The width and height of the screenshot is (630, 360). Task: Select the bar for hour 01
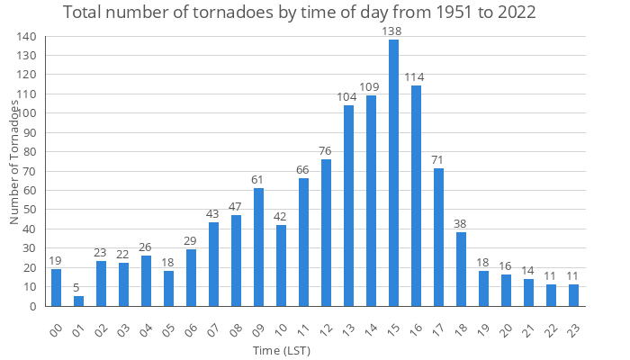78,301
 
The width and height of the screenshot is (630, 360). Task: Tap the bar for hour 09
258,247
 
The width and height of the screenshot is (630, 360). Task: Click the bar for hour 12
326,233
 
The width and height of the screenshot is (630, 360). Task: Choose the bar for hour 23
573,295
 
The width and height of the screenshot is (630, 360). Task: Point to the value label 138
393,31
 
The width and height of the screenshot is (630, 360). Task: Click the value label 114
416,76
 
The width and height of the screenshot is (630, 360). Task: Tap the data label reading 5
78,287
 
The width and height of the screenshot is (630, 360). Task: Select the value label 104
348,96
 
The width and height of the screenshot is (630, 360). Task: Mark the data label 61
258,179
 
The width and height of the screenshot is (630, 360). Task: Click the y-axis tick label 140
26,37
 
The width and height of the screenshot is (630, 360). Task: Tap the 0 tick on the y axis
33,306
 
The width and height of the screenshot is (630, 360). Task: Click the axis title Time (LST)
281,349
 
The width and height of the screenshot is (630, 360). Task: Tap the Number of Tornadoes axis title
14,162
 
